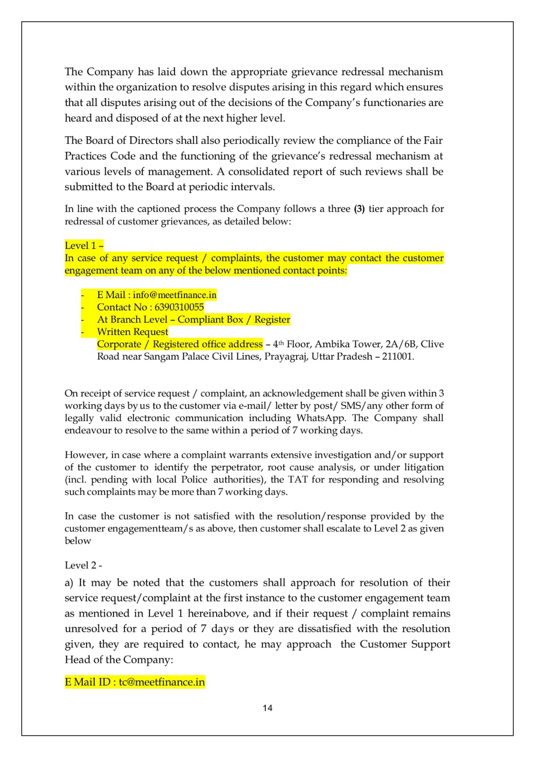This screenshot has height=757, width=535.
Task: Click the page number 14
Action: click(x=267, y=708)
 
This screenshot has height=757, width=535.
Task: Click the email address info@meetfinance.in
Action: click(x=175, y=295)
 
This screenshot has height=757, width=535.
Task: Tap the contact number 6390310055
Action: click(x=179, y=307)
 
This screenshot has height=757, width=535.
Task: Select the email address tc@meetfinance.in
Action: click(x=162, y=682)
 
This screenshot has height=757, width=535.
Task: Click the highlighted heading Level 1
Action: click(x=84, y=246)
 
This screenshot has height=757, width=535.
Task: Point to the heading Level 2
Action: click(x=83, y=565)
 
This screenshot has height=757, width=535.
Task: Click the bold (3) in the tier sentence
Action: click(x=359, y=209)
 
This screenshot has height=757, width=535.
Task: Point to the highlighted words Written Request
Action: click(x=133, y=332)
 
